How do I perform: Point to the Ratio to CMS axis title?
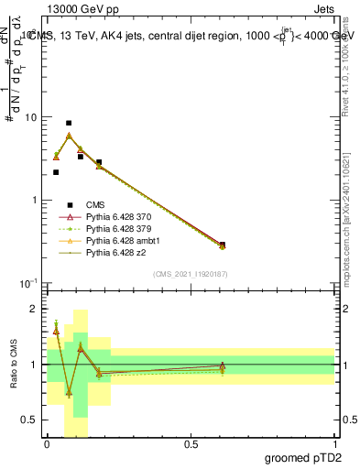click(x=13, y=365)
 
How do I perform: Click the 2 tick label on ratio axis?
click(x=35, y=310)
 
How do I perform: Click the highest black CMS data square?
click(x=69, y=123)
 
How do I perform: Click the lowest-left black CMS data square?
click(x=56, y=172)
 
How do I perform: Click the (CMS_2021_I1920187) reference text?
click(x=190, y=274)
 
